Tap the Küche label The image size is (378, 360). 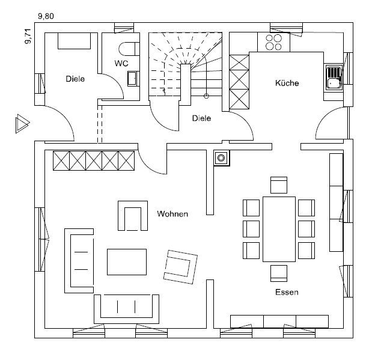coord(287,83)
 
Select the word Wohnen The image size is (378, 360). coord(173,213)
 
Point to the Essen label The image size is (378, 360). coord(287,293)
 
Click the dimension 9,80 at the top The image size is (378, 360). coord(46,16)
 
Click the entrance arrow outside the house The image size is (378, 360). coord(22,124)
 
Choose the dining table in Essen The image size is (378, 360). coord(279,228)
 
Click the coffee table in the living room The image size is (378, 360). coord(126,261)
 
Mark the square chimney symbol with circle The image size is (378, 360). coord(221,158)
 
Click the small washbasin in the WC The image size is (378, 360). coord(133,79)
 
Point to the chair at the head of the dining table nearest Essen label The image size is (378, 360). coord(279,272)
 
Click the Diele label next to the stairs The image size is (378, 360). coord(201,118)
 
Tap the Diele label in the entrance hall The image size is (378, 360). coord(75,79)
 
